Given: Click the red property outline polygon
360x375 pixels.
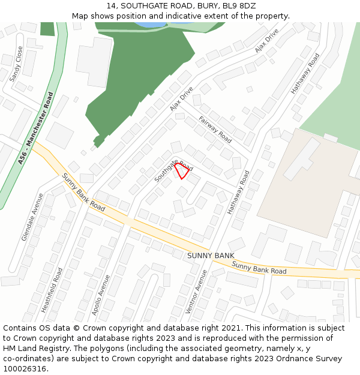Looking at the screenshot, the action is click(182, 170).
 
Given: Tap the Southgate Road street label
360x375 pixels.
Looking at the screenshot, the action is click(173, 171).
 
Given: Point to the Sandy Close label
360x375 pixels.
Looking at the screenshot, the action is click(16, 64).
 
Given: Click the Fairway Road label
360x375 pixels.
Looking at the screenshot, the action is click(215, 129).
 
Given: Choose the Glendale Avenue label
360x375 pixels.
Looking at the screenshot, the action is click(32, 217).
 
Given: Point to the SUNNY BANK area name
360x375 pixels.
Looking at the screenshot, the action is click(210, 256).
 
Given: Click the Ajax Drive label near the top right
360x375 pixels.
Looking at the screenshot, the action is click(267, 40).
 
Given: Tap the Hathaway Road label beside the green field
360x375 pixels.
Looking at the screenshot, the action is click(305, 73).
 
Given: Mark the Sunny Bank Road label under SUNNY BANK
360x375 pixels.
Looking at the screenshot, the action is click(259, 268).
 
